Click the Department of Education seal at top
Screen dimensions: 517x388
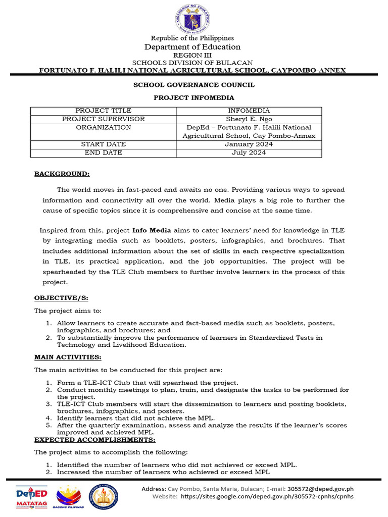[x=193, y=19]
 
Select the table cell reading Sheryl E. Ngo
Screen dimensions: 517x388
[x=249, y=119]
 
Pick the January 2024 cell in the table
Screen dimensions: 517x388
[x=249, y=144]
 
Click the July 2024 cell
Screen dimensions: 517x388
[x=249, y=152]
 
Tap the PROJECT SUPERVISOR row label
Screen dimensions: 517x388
[x=104, y=119]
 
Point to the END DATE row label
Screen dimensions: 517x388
[x=104, y=152]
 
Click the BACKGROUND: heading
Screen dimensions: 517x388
[x=62, y=174]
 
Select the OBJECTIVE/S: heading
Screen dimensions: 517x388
[x=61, y=298]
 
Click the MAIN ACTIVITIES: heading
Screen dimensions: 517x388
[x=68, y=357]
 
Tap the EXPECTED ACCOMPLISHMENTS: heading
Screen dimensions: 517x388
[x=87, y=440]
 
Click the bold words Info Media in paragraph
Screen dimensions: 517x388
[x=151, y=230]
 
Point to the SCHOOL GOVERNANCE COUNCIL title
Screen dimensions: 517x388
[x=193, y=85]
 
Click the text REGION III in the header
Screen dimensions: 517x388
[x=193, y=55]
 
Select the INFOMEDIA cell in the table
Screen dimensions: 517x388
[x=249, y=111]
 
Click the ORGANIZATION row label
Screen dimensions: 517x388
[x=104, y=127]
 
